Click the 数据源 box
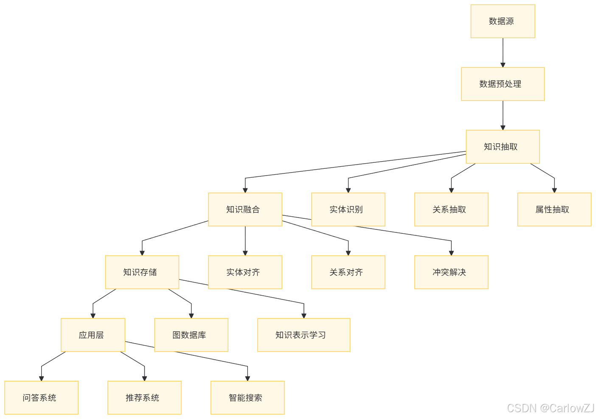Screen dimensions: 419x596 (x=503, y=21)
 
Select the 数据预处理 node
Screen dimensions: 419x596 (x=503, y=84)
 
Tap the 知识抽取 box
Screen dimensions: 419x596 (x=503, y=147)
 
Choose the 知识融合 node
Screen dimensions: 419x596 (x=245, y=209)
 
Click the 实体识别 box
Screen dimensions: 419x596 (x=348, y=209)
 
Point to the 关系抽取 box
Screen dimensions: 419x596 (x=451, y=209)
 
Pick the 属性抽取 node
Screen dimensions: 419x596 (x=554, y=209)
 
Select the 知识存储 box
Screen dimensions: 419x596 (x=142, y=272)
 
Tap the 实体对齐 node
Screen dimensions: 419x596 (x=245, y=272)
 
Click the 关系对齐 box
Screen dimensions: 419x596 (x=348, y=272)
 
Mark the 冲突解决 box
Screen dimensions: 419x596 (x=451, y=272)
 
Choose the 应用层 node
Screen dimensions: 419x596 (x=93, y=335)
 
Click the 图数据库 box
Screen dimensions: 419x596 (x=191, y=335)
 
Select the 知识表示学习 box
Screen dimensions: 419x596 (x=304, y=335)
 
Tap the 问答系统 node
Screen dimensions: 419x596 (x=41, y=398)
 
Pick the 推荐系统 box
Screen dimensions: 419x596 (x=144, y=398)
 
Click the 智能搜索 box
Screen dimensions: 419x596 (x=247, y=398)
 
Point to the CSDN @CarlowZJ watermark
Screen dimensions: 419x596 (x=550, y=408)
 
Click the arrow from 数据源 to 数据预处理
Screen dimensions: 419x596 (x=503, y=53)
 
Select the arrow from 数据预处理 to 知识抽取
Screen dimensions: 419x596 (x=503, y=115)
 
